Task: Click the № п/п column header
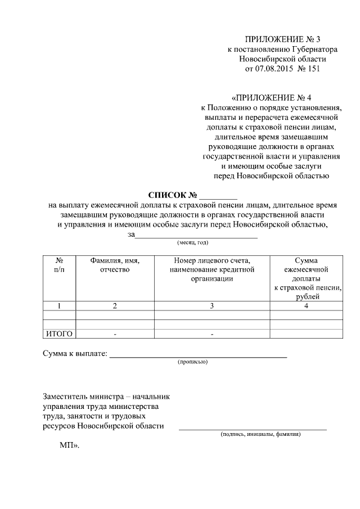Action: [x=59, y=265]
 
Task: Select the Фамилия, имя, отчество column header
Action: [x=115, y=265]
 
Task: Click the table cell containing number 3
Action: [x=211, y=306]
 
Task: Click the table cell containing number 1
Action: [x=59, y=306]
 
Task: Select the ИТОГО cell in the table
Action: [x=59, y=334]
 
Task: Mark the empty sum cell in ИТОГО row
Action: [x=306, y=334]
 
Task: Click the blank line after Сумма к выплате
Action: [x=197, y=355]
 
